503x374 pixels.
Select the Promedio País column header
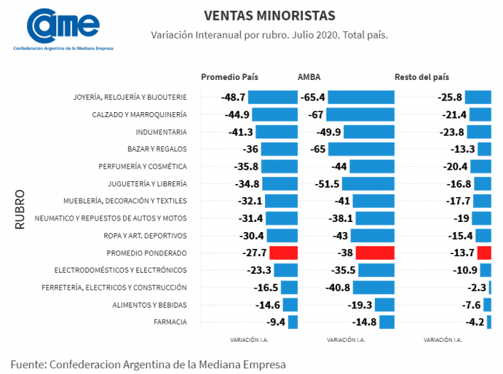(229, 77)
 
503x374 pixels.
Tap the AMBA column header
(310, 77)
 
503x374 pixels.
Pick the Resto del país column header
(422, 77)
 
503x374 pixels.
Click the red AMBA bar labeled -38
(375, 253)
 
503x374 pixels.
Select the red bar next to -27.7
(284, 253)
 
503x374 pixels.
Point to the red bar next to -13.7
(484, 253)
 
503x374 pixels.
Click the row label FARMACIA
(170, 322)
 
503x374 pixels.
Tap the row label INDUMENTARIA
(162, 132)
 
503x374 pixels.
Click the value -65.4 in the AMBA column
(313, 97)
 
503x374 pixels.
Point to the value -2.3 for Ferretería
(475, 288)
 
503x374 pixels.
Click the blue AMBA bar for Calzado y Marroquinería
(361, 114)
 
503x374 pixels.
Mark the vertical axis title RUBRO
(20, 210)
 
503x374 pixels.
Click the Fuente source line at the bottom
(148, 364)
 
